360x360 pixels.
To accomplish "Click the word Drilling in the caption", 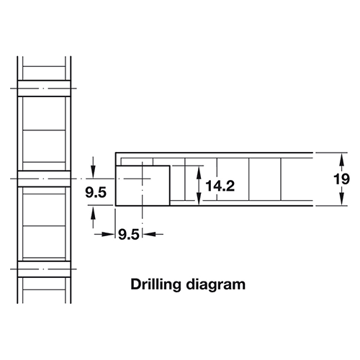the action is pyautogui.click(x=156, y=285).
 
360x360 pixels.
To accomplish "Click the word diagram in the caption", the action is pyautogui.click(x=216, y=285).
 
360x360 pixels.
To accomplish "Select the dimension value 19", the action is pyautogui.click(x=341, y=179).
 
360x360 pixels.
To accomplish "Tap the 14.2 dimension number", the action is pyautogui.click(x=220, y=186).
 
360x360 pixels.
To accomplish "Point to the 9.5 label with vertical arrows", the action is pyautogui.click(x=96, y=192).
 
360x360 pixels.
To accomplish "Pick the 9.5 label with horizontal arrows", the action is pyautogui.click(x=129, y=235).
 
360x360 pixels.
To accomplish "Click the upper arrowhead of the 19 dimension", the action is pyautogui.click(x=342, y=159).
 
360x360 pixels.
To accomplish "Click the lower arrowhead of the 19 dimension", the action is pyautogui.click(x=342, y=199).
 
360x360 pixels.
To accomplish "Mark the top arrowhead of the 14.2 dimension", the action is pyautogui.click(x=199, y=172).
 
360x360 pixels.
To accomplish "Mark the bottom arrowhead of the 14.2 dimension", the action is pyautogui.click(x=199, y=199).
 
